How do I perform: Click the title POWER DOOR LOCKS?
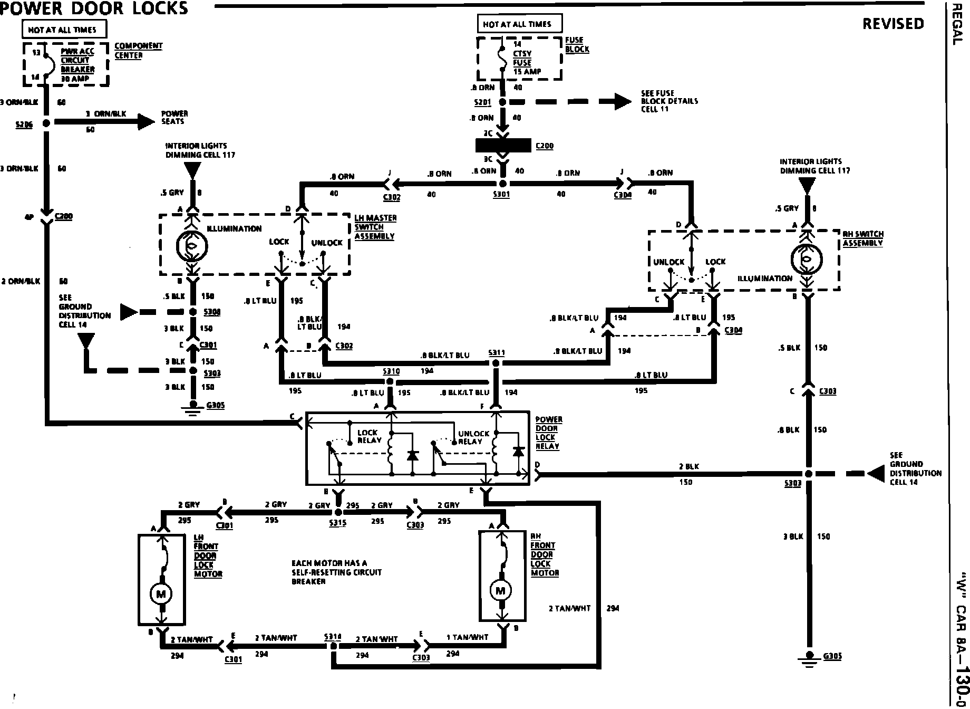click(x=94, y=8)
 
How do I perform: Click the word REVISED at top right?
click(x=893, y=24)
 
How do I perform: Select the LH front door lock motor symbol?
click(x=161, y=594)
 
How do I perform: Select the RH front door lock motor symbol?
click(x=500, y=590)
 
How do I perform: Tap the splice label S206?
click(x=24, y=124)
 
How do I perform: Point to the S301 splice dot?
click(x=502, y=184)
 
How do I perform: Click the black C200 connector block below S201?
click(x=503, y=146)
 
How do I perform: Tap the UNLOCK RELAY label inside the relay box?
click(x=470, y=437)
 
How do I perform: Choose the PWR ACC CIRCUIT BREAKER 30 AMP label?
click(x=77, y=65)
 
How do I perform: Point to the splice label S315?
click(x=337, y=524)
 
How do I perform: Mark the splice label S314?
click(x=333, y=637)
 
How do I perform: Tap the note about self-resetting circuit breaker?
click(x=336, y=572)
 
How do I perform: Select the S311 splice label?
click(x=496, y=352)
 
